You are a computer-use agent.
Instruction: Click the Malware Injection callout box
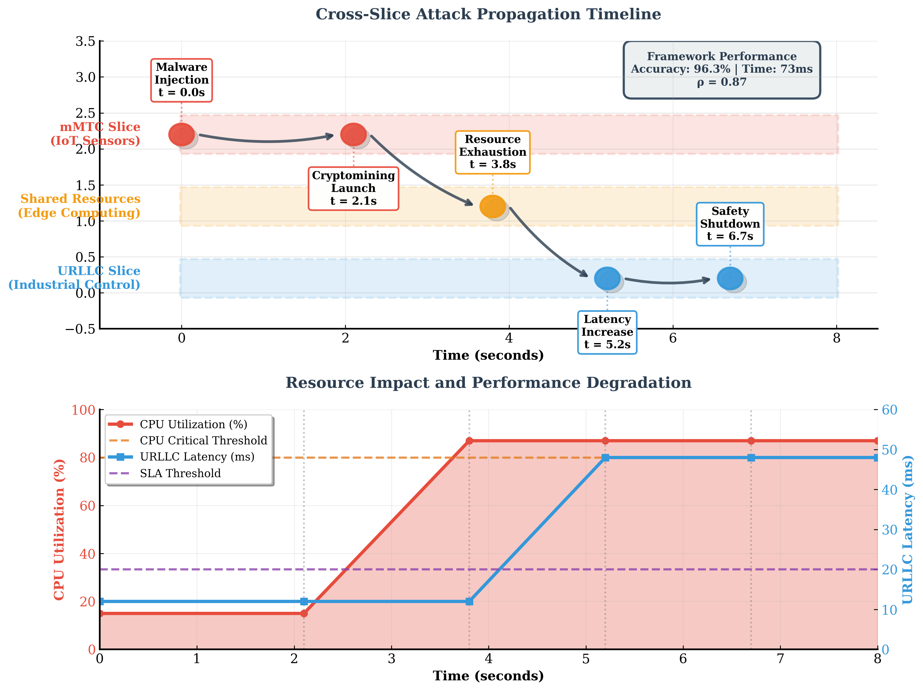[x=182, y=80]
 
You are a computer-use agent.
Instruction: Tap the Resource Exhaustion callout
[x=492, y=152]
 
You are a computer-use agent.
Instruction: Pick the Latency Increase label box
[x=607, y=332]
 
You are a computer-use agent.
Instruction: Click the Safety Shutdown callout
[x=730, y=224]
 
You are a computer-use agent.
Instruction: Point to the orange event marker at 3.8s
[x=492, y=206]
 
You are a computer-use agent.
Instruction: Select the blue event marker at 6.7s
[x=730, y=278]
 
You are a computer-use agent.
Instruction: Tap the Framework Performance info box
[x=721, y=70]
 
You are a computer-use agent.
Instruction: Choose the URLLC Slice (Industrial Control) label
[x=74, y=278]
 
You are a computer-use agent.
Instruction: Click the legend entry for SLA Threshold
[x=180, y=473]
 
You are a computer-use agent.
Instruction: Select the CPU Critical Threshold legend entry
[x=203, y=441]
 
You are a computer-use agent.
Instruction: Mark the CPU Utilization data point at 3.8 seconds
[x=469, y=441]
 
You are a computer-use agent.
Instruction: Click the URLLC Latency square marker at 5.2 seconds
[x=606, y=458]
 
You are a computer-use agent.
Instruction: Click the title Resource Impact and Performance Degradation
[x=488, y=383]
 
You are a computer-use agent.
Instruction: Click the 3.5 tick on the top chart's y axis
[x=85, y=42]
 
